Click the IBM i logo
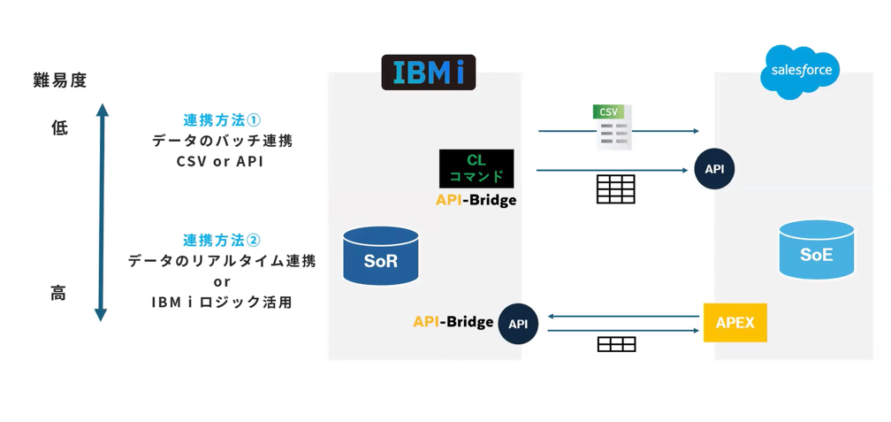pyautogui.click(x=429, y=73)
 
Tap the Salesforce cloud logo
pyautogui.click(x=801, y=70)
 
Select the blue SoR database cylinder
pyautogui.click(x=381, y=257)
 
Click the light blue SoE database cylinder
pyautogui.click(x=816, y=250)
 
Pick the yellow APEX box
pyautogui.click(x=735, y=323)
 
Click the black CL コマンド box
pyautogui.click(x=476, y=168)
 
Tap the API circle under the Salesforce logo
pyautogui.click(x=714, y=169)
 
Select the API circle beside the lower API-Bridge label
pyautogui.click(x=518, y=324)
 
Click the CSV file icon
pyautogui.click(x=612, y=127)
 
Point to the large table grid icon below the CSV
pyautogui.click(x=615, y=189)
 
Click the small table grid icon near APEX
pyautogui.click(x=616, y=344)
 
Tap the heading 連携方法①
pyautogui.click(x=222, y=120)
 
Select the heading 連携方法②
pyautogui.click(x=222, y=241)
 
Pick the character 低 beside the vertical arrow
pyautogui.click(x=59, y=128)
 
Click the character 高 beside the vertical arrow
pyautogui.click(x=58, y=294)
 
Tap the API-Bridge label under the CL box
pyautogui.click(x=476, y=200)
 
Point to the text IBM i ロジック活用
pyautogui.click(x=221, y=302)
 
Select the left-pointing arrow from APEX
pyautogui.click(x=623, y=316)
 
